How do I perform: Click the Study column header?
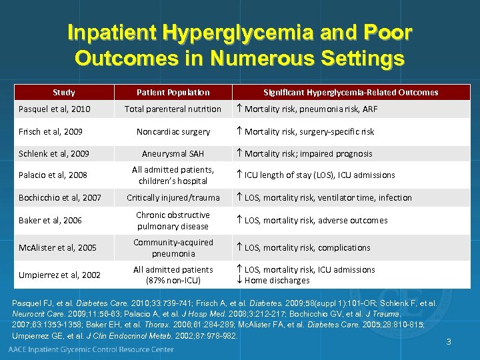[x=64, y=92]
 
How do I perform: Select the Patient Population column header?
[x=173, y=92]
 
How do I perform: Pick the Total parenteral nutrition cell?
[x=173, y=109]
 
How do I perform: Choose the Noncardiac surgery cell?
[x=173, y=131]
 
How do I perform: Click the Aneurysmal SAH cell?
[x=173, y=153]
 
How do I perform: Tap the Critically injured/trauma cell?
[x=173, y=197]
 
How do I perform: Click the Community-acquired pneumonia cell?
[x=173, y=248]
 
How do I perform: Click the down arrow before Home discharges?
[x=239, y=280]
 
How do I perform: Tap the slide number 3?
[x=449, y=342]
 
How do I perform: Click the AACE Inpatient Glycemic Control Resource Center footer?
[x=91, y=349]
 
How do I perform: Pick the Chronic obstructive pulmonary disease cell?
[x=173, y=220]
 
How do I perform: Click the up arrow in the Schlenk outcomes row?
[x=239, y=153]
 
